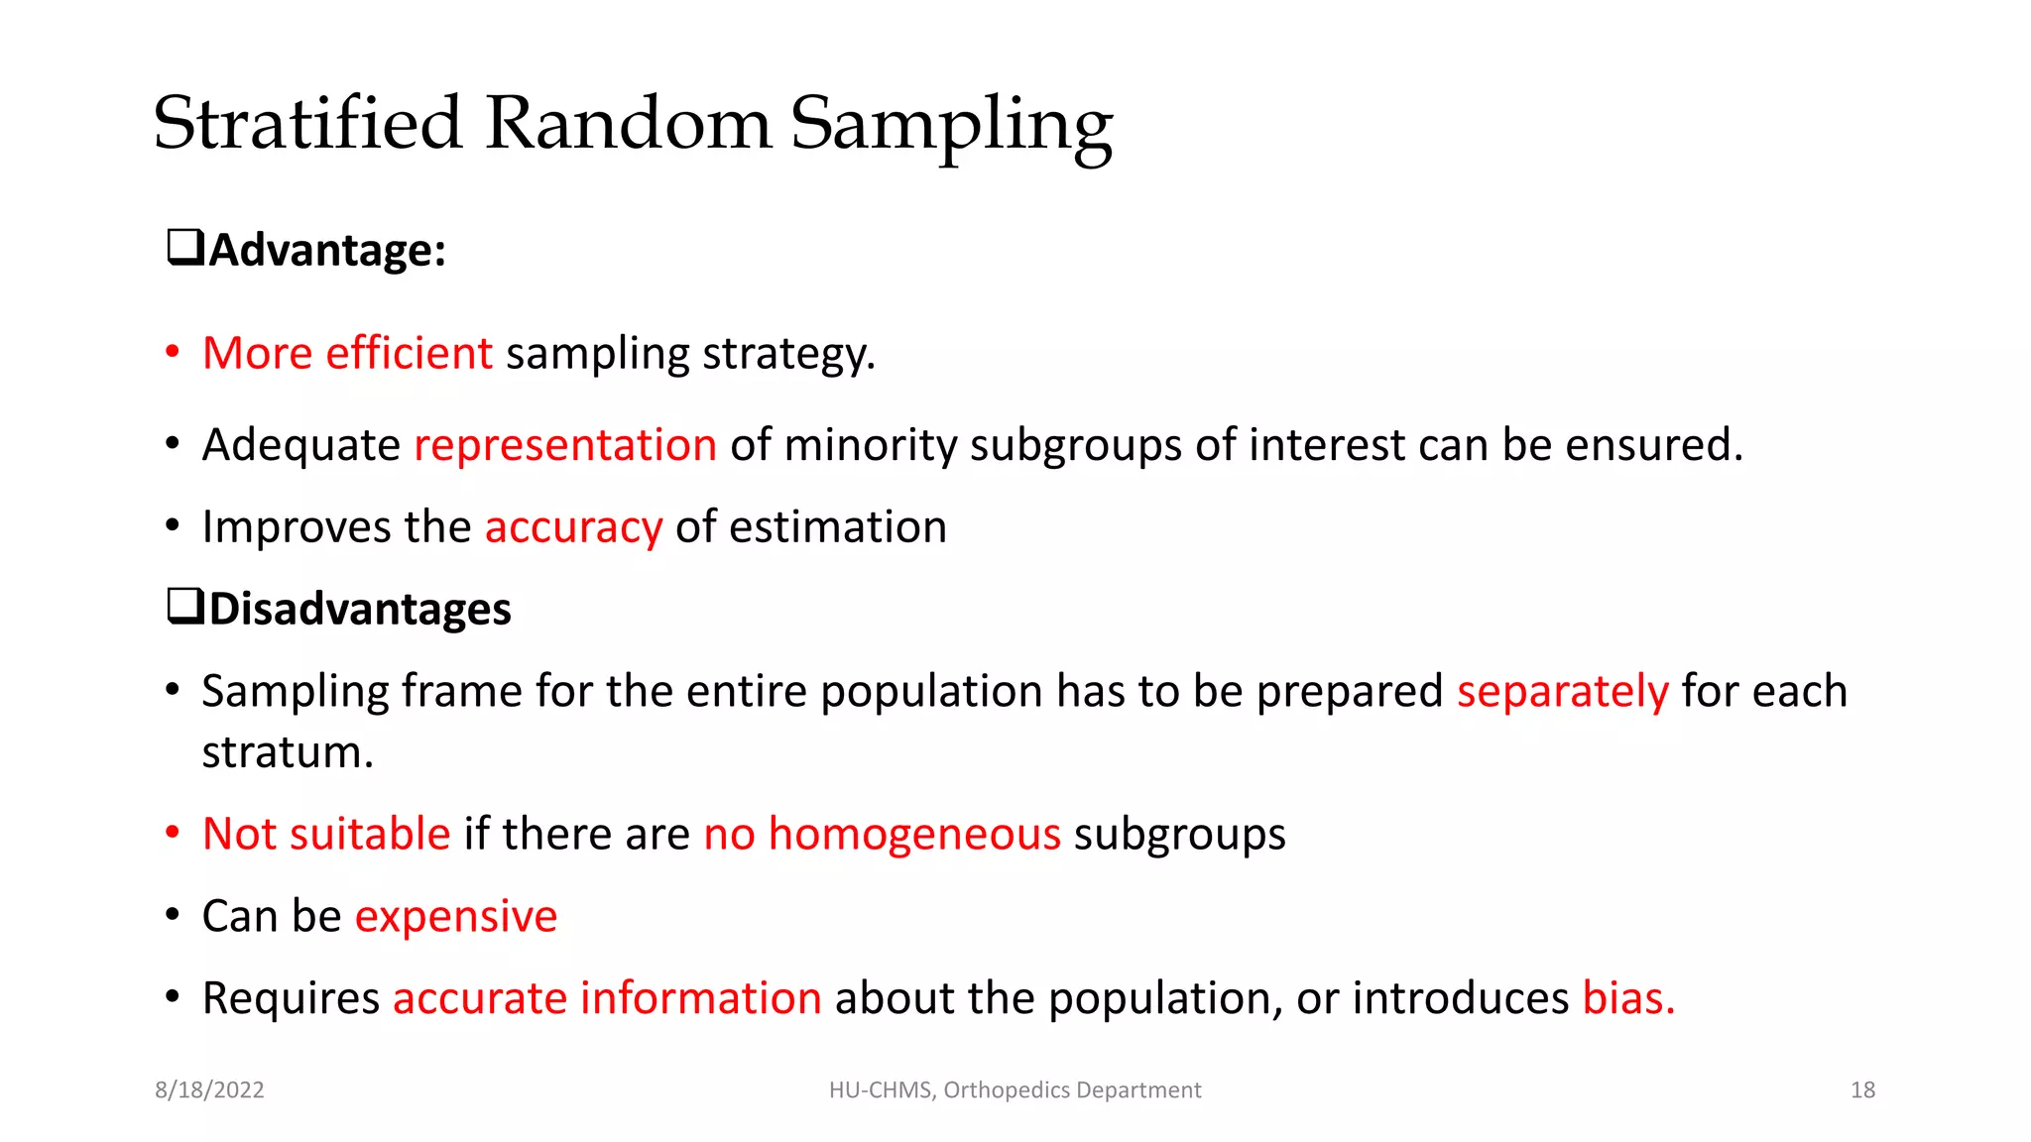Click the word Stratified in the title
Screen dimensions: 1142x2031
pos(307,124)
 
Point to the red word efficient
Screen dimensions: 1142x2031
pos(409,353)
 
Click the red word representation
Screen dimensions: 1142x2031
pos(565,445)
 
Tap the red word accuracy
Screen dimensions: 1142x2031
pos(573,527)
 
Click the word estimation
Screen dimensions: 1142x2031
pos(837,527)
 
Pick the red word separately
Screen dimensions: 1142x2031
pos(1562,691)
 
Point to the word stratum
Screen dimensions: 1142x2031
pos(287,752)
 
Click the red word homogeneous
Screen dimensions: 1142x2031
pos(914,834)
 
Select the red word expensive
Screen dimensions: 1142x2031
pos(456,916)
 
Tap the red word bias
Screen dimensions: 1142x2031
pos(1627,998)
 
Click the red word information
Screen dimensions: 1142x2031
pos(700,998)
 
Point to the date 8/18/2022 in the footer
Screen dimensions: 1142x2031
pos(209,1090)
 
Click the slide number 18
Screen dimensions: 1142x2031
pos(1862,1090)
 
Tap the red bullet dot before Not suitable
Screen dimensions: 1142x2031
pos(173,833)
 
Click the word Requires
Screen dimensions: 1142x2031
pos(291,998)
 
